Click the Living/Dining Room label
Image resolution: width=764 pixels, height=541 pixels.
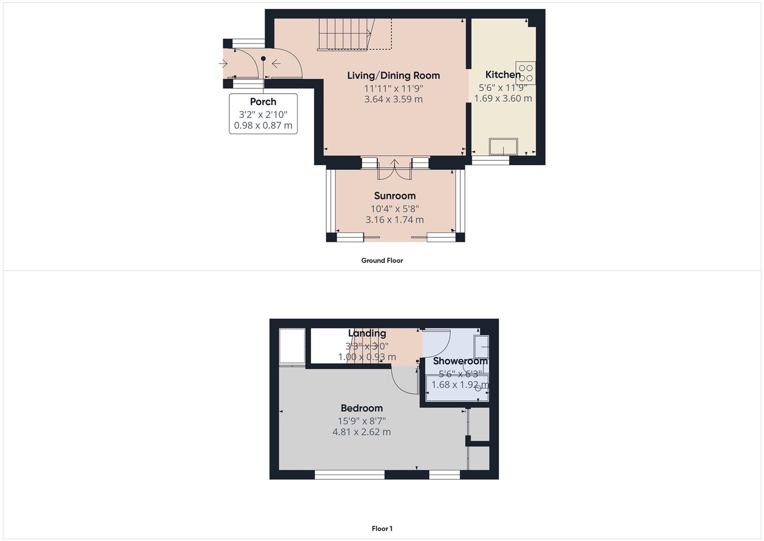(x=393, y=76)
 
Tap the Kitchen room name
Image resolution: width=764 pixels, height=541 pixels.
(x=503, y=75)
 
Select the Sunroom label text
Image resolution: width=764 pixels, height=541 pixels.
(x=395, y=196)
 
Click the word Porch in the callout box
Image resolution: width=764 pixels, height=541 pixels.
(x=263, y=102)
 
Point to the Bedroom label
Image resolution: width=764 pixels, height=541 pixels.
(x=361, y=408)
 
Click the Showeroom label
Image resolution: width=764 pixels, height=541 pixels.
(x=460, y=361)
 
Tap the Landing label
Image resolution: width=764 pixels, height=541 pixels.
(x=367, y=333)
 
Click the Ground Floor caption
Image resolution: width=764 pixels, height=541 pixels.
(x=382, y=260)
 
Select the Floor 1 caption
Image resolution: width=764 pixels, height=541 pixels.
(x=382, y=528)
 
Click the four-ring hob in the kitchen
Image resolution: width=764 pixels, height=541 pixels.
(x=526, y=73)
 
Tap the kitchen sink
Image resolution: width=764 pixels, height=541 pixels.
(x=503, y=147)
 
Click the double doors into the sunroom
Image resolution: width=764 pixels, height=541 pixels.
(x=395, y=169)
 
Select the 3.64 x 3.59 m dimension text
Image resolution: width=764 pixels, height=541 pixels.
(x=393, y=99)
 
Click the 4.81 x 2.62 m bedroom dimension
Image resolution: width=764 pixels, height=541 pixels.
(x=361, y=432)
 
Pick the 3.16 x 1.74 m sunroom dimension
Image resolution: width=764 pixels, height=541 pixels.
(x=394, y=219)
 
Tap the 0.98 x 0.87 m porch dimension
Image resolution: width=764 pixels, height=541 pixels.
(x=263, y=125)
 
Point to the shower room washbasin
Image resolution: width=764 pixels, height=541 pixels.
(x=481, y=347)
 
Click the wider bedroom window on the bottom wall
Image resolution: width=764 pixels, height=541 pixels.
(x=349, y=474)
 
